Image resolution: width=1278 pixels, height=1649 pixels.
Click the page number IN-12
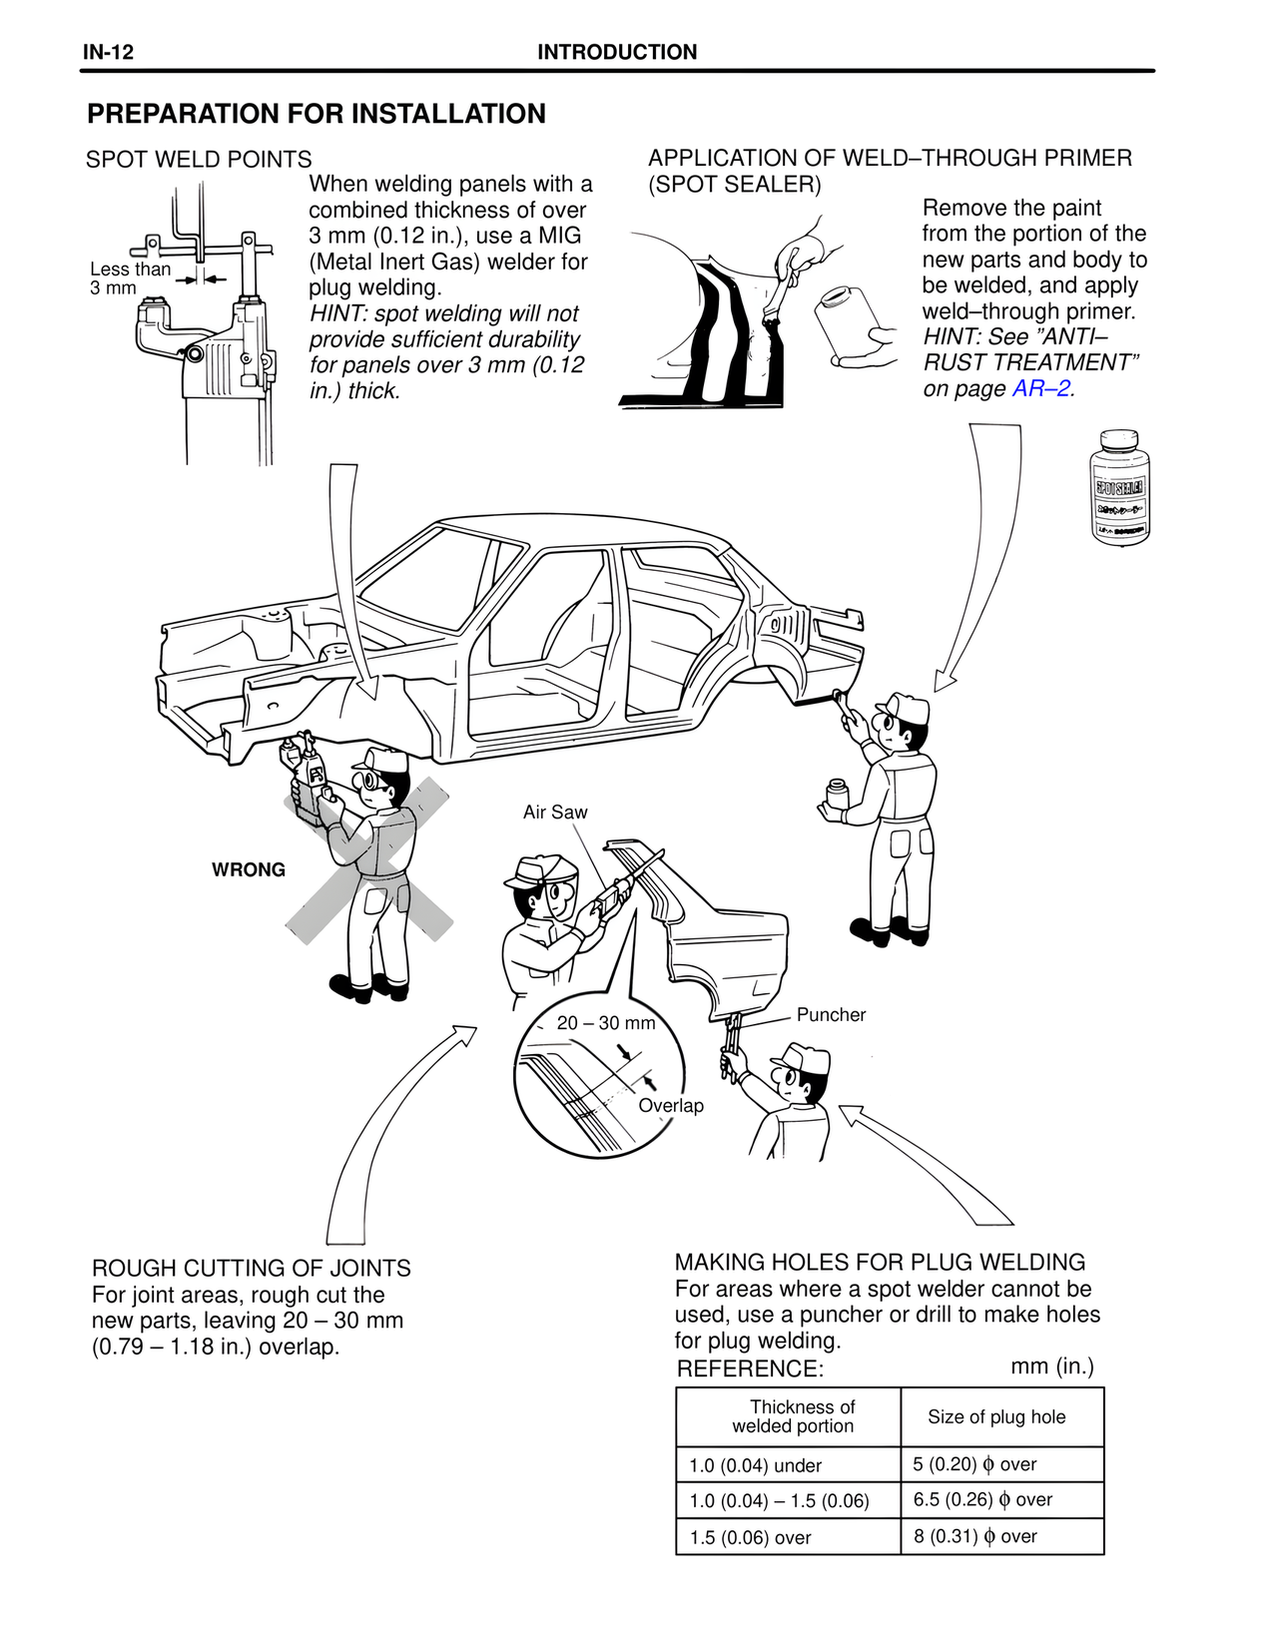(108, 53)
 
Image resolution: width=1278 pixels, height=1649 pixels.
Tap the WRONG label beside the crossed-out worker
(249, 869)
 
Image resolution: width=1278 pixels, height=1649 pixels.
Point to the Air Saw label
(555, 813)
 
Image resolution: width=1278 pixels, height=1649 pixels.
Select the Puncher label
(831, 1015)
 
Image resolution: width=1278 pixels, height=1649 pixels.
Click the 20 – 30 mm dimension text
(606, 1023)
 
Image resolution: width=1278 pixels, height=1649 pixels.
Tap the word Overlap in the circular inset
(671, 1106)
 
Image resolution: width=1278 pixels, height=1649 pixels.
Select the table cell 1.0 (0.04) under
(755, 1465)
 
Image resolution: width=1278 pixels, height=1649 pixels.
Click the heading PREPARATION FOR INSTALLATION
(317, 114)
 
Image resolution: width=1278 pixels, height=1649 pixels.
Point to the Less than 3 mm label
(129, 278)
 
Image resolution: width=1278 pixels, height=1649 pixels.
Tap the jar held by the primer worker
(836, 796)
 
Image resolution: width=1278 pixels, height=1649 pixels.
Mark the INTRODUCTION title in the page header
(617, 53)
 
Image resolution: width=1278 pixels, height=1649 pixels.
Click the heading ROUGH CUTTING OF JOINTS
(252, 1268)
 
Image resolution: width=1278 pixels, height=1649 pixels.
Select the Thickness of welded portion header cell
(793, 1416)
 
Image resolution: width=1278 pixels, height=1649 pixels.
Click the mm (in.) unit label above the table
(1051, 1367)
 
